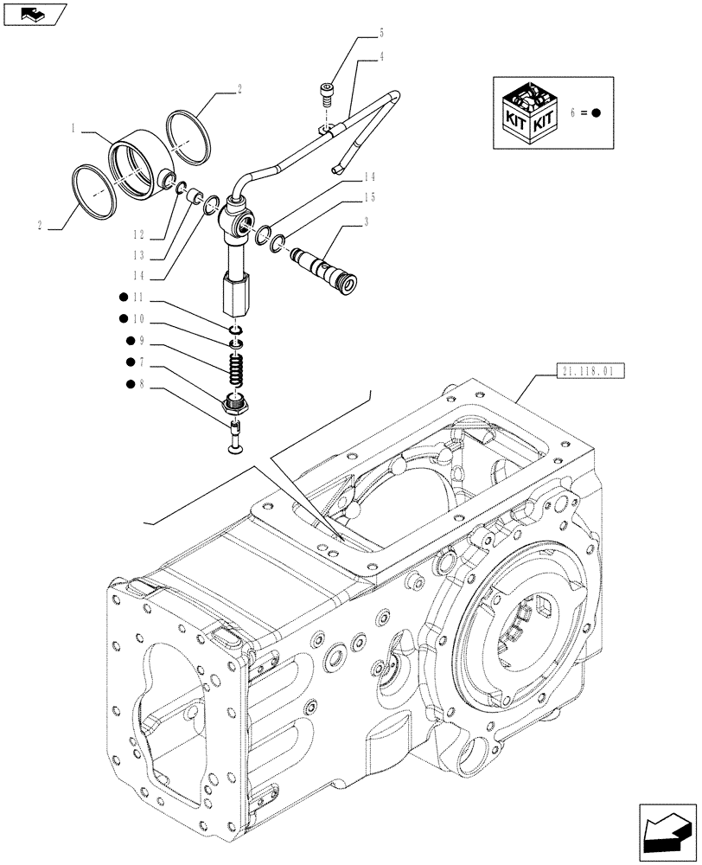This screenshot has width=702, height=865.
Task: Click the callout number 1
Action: (x=75, y=128)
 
